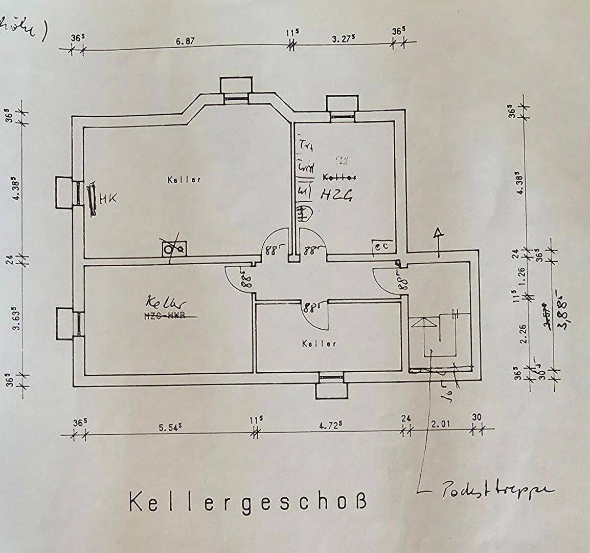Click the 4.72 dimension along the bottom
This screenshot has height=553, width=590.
[330, 426]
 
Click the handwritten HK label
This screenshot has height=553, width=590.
[108, 198]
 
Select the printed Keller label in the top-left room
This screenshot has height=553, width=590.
[184, 180]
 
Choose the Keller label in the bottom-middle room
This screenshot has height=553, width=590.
[319, 344]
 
